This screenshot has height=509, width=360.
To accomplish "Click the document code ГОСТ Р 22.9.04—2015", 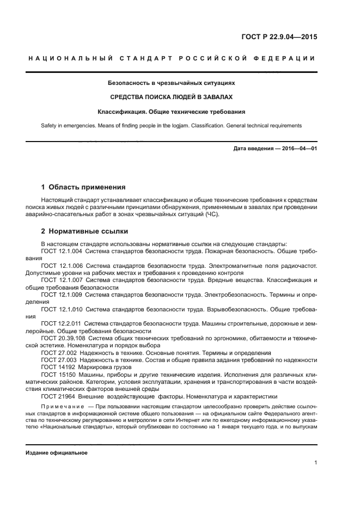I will coord(279,38).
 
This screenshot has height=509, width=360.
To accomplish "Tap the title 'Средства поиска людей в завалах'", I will coord(172,97).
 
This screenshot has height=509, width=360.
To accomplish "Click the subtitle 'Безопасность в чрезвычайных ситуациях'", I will coord(172,83).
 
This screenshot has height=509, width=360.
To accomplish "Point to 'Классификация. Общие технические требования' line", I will coord(172,111).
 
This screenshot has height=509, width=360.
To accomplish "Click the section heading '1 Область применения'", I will coord(83,187).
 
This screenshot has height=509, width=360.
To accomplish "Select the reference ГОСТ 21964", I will coord(56,396).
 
